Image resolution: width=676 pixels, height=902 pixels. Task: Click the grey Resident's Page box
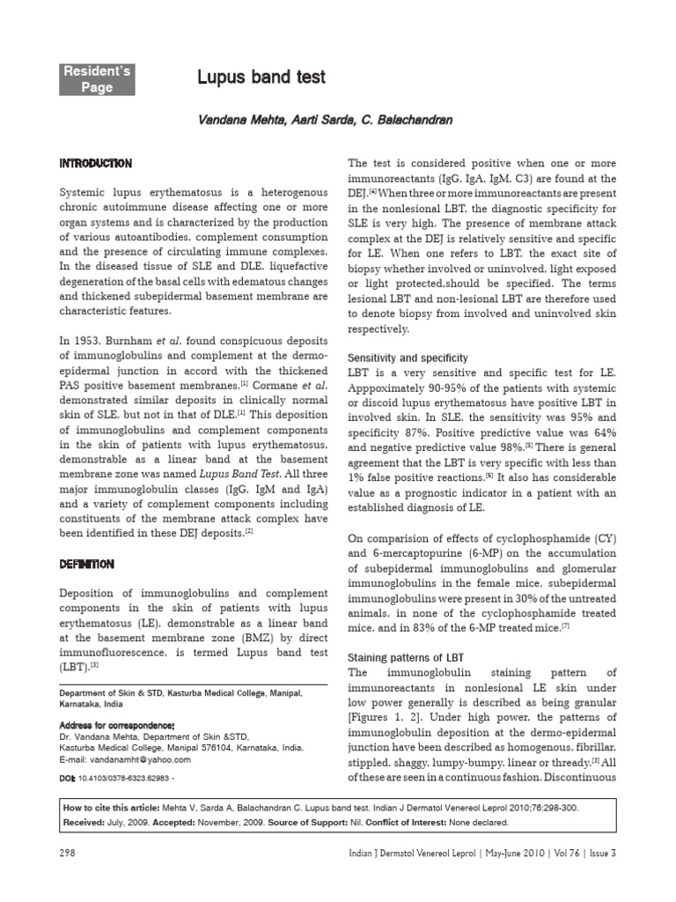[97, 78]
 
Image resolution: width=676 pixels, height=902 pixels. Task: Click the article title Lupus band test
[261, 78]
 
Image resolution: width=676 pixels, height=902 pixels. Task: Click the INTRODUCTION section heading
[95, 164]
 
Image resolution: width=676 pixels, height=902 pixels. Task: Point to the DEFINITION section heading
[86, 564]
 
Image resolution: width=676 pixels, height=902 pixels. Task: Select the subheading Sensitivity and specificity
[408, 358]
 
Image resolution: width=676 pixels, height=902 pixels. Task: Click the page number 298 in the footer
[68, 852]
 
